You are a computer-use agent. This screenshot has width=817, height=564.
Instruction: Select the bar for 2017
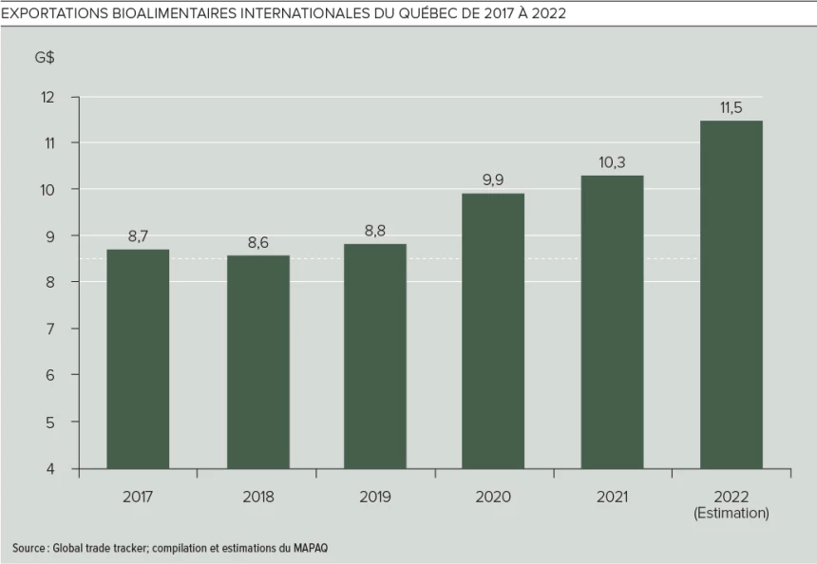138,359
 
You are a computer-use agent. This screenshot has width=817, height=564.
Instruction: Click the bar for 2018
257,362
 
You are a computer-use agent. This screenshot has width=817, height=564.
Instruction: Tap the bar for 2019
375,356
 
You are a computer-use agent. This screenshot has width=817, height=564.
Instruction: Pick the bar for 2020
493,330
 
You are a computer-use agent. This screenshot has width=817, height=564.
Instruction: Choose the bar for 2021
612,322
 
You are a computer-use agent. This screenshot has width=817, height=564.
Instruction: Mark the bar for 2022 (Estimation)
731,294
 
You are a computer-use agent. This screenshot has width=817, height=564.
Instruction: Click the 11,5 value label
731,107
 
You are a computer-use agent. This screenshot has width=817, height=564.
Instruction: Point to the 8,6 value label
257,243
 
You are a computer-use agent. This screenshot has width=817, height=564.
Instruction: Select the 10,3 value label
612,162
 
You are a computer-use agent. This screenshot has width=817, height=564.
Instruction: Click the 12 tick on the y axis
48,97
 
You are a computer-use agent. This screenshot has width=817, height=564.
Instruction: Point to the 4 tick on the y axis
50,468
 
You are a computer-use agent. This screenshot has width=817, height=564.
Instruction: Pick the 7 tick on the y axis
50,329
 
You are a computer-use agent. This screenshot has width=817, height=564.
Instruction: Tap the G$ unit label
45,58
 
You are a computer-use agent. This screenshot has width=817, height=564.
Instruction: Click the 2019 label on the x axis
375,497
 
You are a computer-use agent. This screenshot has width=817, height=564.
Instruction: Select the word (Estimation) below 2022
731,514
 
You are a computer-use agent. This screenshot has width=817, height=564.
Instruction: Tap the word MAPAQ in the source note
313,548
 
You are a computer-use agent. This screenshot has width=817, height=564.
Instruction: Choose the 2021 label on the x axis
612,497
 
